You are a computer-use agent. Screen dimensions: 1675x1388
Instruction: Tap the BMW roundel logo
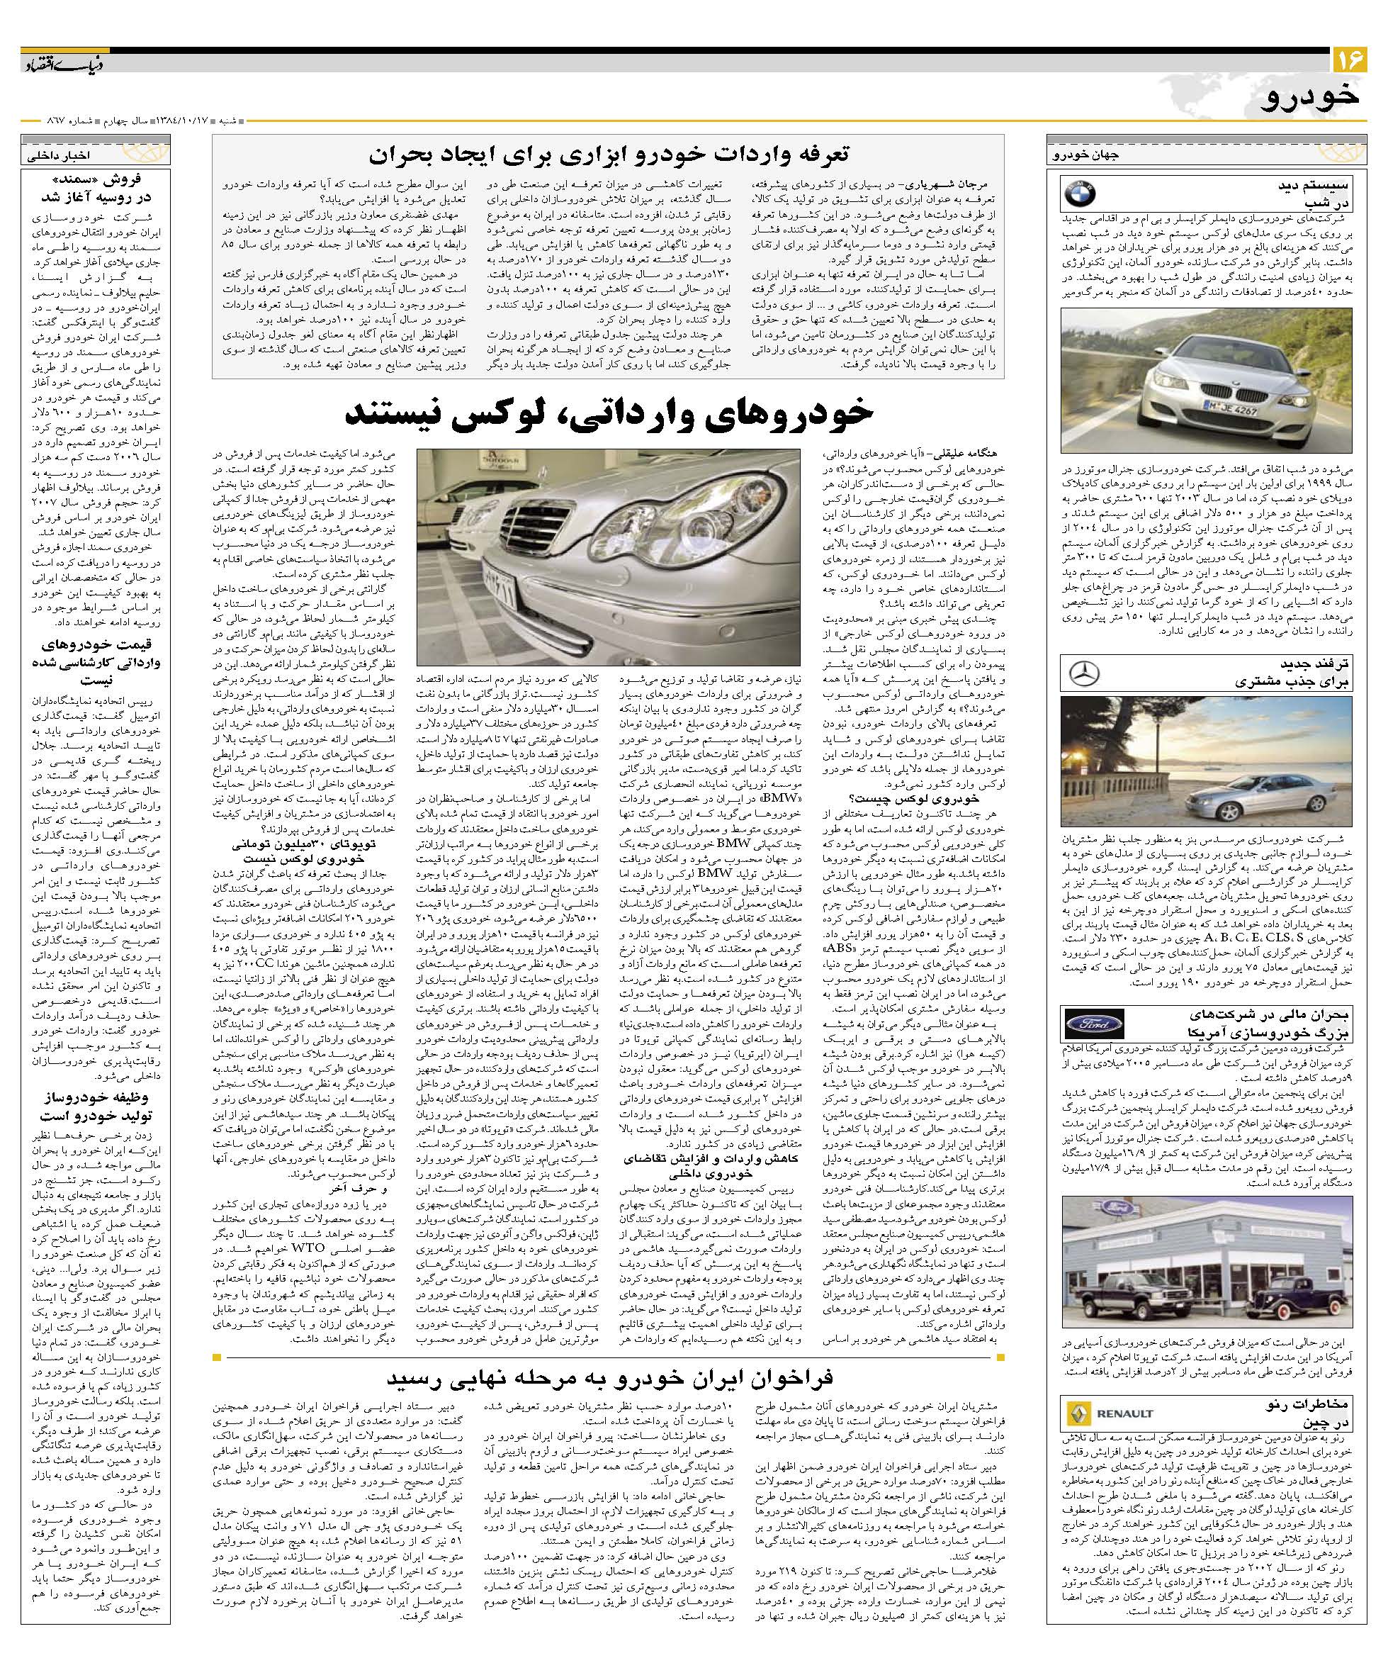click(x=1081, y=194)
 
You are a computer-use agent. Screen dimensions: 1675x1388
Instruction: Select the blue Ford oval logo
click(x=1093, y=1024)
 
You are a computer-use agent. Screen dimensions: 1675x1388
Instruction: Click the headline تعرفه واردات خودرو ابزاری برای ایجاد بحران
click(x=609, y=153)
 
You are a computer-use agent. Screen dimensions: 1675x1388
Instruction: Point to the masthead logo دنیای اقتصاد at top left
click(x=64, y=63)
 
